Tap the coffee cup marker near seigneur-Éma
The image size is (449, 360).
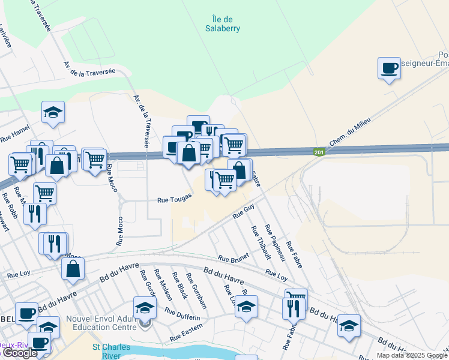tap(389, 68)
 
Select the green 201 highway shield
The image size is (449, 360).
tap(319, 153)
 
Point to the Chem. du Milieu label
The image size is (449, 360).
tap(350, 132)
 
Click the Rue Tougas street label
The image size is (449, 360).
tap(175, 200)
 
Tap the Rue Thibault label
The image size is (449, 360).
tap(261, 242)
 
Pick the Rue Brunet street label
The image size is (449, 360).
tap(233, 258)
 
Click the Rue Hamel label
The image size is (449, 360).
tap(14, 133)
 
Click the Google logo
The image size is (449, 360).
tap(20, 353)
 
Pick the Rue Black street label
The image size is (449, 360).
tap(179, 286)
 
